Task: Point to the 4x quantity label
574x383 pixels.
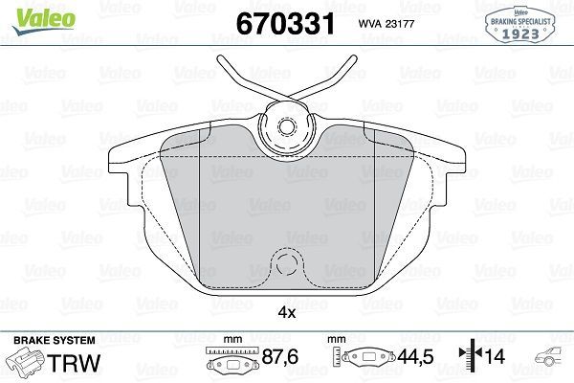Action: tap(286, 312)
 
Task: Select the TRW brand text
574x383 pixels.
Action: tap(77, 364)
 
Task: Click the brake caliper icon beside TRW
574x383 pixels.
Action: tap(27, 364)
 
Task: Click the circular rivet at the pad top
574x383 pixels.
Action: tap(286, 126)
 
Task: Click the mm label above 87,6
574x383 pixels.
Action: tap(231, 340)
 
